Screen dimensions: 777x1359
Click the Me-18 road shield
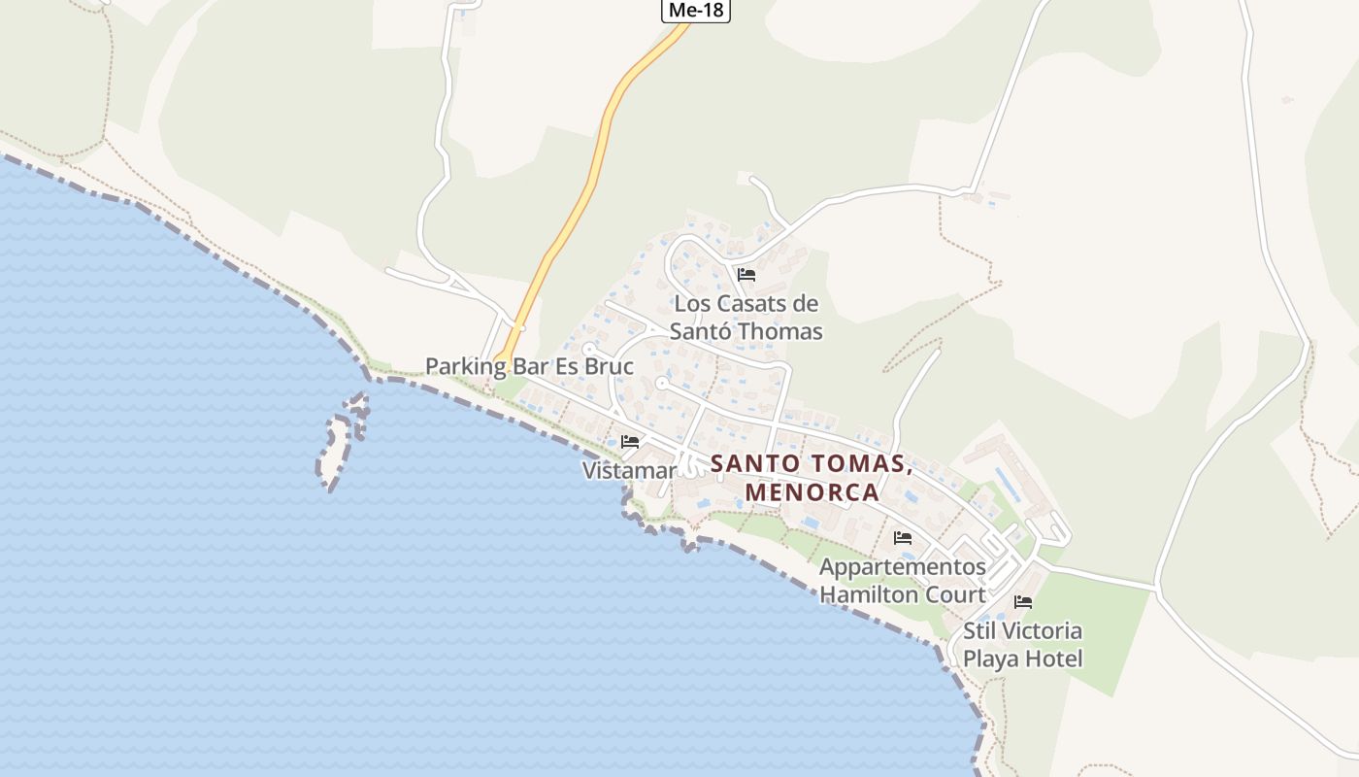pos(695,11)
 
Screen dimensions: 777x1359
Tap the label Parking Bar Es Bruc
pos(529,366)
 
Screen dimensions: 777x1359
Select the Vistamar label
pos(628,470)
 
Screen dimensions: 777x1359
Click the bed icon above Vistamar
pos(630,442)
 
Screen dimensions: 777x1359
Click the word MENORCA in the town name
pos(812,491)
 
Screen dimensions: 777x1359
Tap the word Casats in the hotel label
pos(755,303)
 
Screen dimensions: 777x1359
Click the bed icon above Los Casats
pos(746,275)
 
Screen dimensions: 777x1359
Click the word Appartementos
pos(902,566)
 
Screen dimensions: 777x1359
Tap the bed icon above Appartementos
pos(903,538)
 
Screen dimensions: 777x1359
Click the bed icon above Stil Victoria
pos(1022,602)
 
